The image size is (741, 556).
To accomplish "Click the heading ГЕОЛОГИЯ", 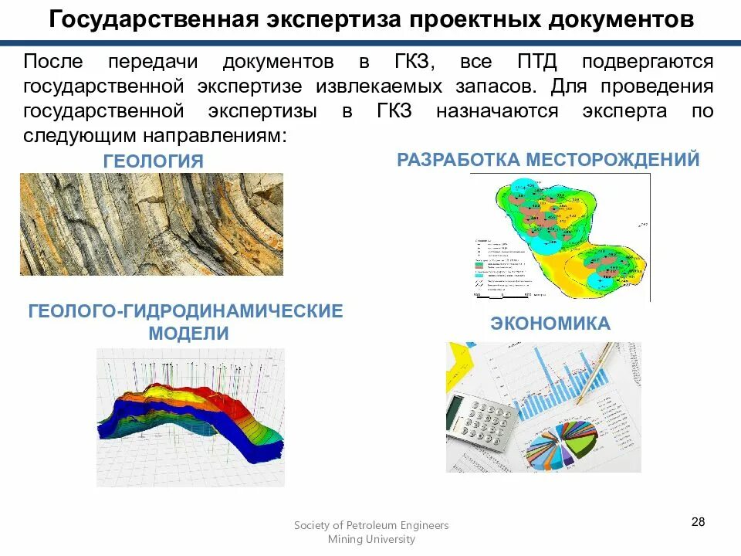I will pos(154,161).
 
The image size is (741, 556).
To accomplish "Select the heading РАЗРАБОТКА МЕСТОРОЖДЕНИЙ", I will pos(548,160).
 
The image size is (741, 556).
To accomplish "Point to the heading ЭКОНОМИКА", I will pos(550,324).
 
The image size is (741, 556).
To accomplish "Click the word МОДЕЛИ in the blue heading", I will pos(189,334).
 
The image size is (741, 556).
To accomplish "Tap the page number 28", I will pos(698,522).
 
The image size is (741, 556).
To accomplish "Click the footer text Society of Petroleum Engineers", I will pos(371,525).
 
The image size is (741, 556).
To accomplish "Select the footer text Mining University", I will pos(371,539).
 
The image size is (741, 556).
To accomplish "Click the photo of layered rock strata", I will pos(151,224).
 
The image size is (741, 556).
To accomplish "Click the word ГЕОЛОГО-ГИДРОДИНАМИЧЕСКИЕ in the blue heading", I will pos(186,312).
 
